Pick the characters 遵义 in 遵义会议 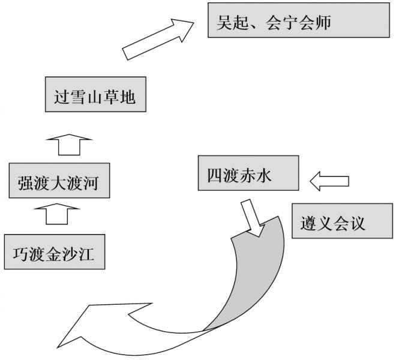316,223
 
